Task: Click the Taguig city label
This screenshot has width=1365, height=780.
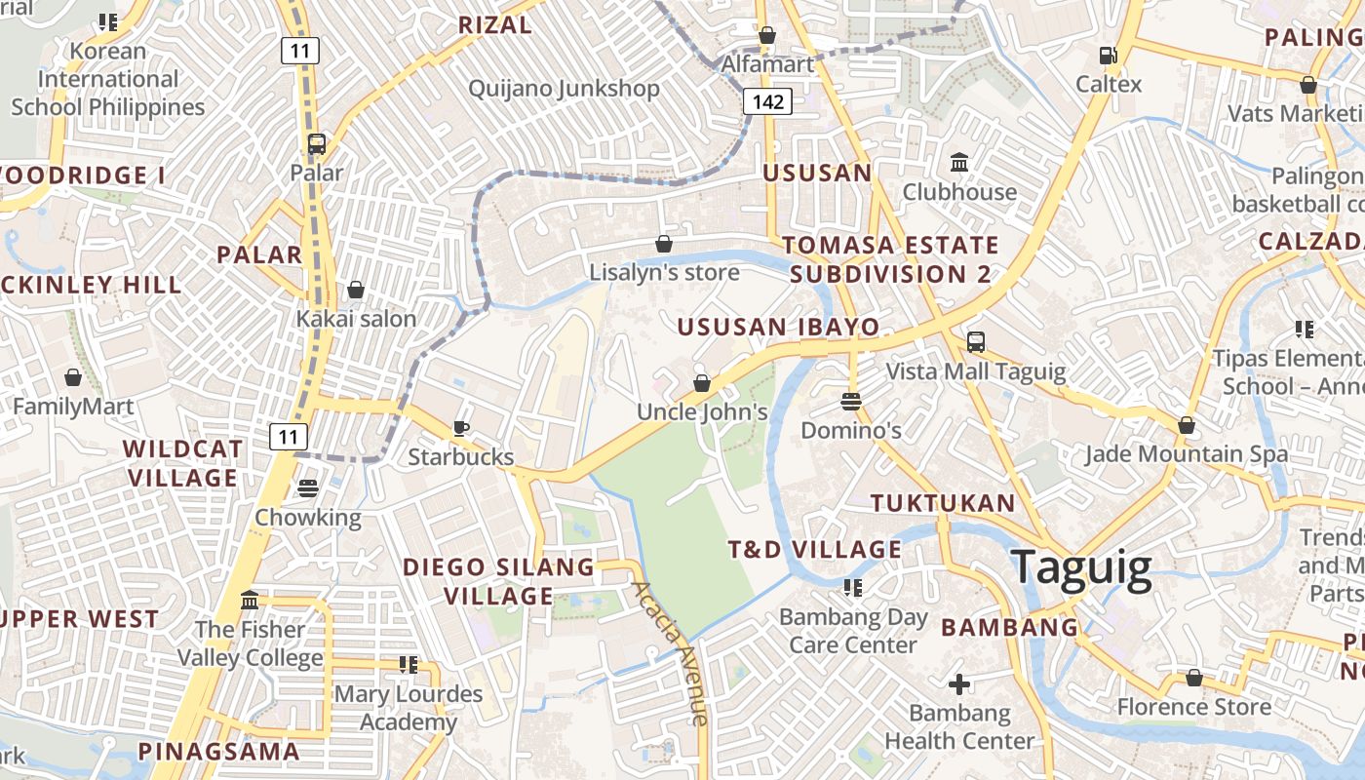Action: (x=1081, y=567)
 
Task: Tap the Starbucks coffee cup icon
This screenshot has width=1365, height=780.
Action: (x=461, y=428)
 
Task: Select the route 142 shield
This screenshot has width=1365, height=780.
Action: (x=767, y=101)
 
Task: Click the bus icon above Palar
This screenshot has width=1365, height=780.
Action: (x=317, y=144)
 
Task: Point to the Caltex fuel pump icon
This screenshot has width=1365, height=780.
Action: (x=1108, y=56)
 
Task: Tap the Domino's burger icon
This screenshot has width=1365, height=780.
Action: (x=851, y=401)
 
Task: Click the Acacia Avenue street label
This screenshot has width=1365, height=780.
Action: (x=670, y=653)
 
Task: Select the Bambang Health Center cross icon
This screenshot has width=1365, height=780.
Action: (x=959, y=684)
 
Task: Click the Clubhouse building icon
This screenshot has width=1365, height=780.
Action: (x=959, y=162)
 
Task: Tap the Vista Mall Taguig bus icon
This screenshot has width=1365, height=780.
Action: (x=975, y=342)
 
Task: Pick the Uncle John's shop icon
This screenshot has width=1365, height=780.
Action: (x=701, y=383)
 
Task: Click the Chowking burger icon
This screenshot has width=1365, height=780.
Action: (x=308, y=487)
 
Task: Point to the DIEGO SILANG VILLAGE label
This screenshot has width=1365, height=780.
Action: (x=498, y=581)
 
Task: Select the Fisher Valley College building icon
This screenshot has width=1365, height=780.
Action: (x=250, y=600)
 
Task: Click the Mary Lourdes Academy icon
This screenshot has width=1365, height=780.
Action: (x=408, y=665)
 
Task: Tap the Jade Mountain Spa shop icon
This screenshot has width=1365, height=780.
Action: (x=1186, y=425)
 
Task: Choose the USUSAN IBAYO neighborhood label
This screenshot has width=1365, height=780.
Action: (x=778, y=327)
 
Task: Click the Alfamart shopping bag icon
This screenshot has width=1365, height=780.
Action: (x=767, y=36)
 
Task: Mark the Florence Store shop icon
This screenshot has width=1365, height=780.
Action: (x=1193, y=678)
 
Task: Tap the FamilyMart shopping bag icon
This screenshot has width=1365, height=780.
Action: (x=73, y=377)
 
